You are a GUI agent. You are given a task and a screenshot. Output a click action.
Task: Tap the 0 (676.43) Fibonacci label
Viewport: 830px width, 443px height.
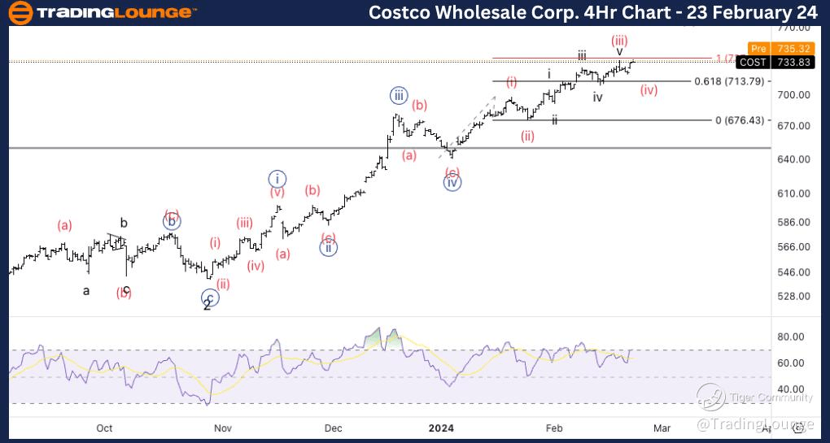[740, 120]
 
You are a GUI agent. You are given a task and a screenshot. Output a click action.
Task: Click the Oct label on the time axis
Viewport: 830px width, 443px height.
[104, 428]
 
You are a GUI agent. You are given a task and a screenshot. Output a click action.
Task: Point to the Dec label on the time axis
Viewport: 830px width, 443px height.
[333, 428]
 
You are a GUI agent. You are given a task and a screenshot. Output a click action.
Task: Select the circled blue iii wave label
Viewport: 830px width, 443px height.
[398, 96]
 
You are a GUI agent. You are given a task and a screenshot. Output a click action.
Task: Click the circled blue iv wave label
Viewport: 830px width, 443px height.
[452, 183]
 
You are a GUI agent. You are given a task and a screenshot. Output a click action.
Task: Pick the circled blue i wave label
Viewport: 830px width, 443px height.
[277, 178]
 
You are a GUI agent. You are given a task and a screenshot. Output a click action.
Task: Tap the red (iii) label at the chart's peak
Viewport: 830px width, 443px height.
[619, 40]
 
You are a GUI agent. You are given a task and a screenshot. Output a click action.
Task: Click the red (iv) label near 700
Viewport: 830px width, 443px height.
[649, 90]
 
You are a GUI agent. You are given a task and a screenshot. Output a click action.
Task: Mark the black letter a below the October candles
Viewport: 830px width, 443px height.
[86, 290]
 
